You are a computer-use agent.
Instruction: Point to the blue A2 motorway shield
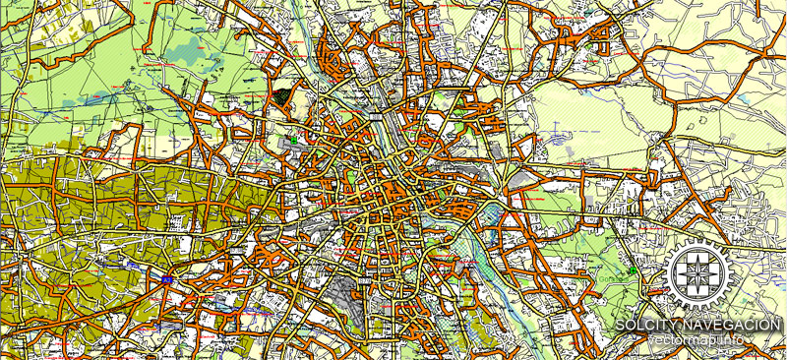168,280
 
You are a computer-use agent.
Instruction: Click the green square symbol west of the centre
293,140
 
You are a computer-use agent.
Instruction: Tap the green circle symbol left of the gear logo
633,270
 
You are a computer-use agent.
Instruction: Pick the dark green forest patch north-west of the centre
285,95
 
